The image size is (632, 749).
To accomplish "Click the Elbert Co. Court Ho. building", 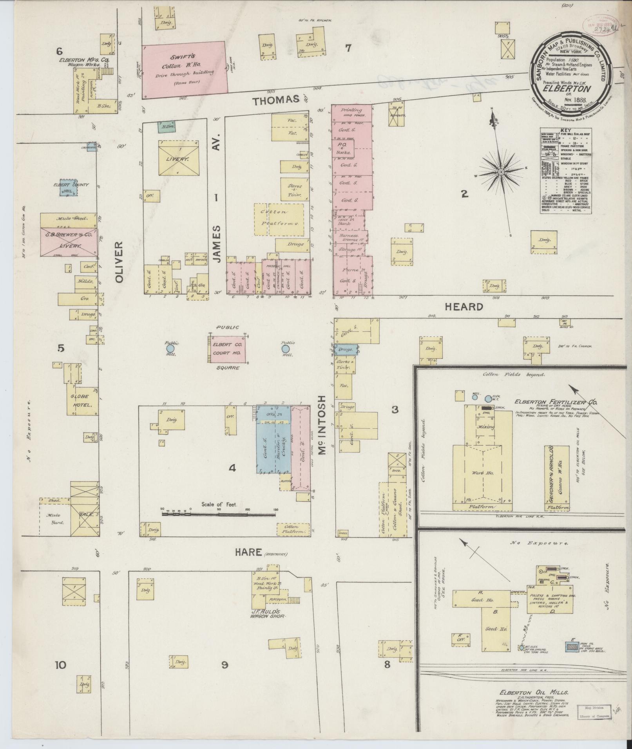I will click(227, 349).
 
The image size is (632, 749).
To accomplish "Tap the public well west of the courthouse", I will click(170, 348).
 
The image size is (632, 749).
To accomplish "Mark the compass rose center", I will click(501, 172).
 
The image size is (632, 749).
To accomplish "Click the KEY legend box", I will click(566, 171).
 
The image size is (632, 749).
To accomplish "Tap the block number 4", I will click(232, 467).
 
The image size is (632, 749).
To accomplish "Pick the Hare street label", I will click(248, 552).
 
